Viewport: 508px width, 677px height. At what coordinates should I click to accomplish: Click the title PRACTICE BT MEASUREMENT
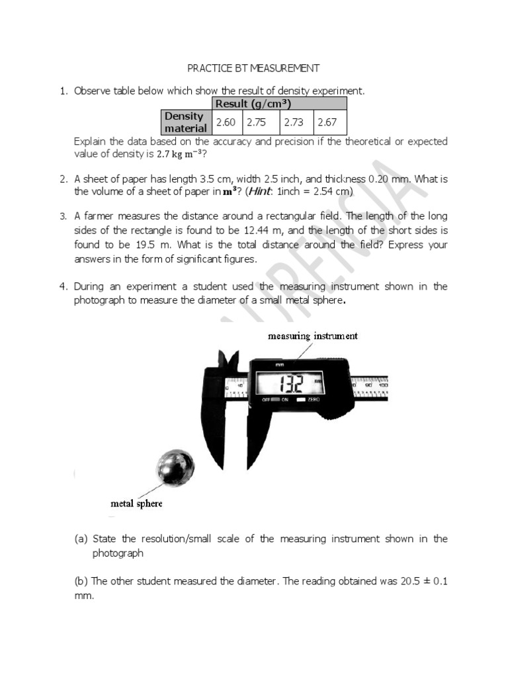pyautogui.click(x=253, y=68)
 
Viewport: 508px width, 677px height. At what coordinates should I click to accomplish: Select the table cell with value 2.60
pyautogui.click(x=226, y=122)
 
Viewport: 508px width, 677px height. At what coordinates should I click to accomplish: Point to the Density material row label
pyautogui.click(x=185, y=122)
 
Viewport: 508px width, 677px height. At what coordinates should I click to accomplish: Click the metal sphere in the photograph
pyautogui.click(x=175, y=468)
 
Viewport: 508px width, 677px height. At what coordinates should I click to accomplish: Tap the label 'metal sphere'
pyautogui.click(x=136, y=504)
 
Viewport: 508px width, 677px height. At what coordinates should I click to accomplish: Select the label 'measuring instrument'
pyautogui.click(x=312, y=336)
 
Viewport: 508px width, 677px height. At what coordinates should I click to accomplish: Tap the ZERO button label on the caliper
pyautogui.click(x=314, y=401)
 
